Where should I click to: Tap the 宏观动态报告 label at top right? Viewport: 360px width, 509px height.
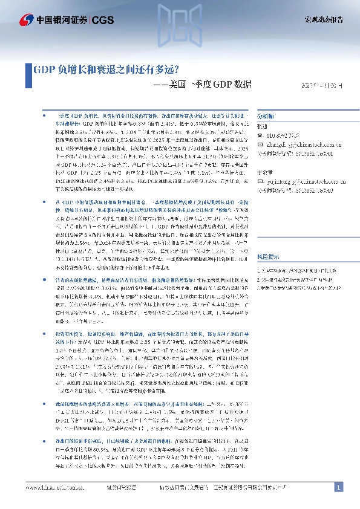tap(323, 20)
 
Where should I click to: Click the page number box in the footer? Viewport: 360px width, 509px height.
tap(339, 487)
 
